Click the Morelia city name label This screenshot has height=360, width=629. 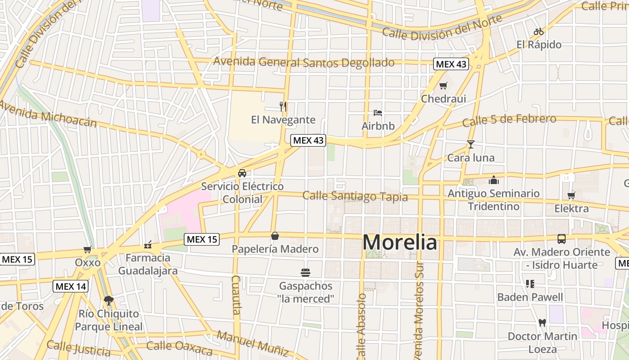399,243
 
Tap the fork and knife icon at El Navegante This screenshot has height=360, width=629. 283,107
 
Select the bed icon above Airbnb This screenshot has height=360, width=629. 378,112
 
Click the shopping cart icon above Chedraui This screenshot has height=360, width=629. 443,85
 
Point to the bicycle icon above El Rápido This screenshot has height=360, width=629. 539,31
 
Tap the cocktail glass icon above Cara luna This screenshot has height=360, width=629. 470,144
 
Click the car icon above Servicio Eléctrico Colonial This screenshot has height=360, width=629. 242,173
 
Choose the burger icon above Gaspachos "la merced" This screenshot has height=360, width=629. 306,272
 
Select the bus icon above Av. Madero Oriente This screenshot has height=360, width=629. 562,239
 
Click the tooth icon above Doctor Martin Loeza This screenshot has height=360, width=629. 542,323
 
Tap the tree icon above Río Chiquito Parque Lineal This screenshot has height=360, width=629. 108,300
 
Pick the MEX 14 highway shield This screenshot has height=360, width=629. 71,286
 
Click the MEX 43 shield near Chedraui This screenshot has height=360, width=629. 451,64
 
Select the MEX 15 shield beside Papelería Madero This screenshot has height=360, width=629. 202,239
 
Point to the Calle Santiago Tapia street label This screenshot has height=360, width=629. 355,196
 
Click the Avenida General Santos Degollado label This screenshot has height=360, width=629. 304,62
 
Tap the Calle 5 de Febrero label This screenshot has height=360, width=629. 509,120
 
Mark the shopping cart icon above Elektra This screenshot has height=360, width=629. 571,195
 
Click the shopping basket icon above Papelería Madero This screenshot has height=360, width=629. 275,236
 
